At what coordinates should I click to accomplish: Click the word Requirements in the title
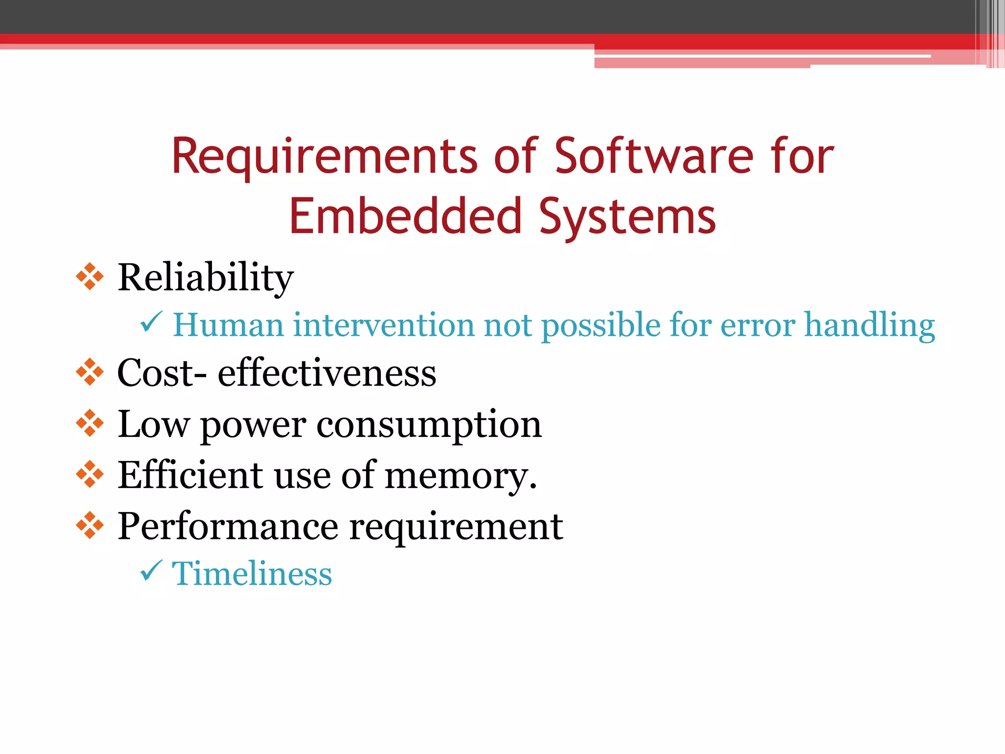tap(324, 157)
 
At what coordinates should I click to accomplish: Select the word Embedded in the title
tap(405, 216)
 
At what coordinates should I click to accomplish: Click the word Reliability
tap(205, 278)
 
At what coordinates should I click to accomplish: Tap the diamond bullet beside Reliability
tap(90, 276)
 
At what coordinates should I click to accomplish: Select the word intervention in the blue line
tap(383, 325)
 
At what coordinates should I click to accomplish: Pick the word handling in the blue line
tap(870, 326)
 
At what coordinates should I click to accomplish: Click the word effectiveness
tap(327, 373)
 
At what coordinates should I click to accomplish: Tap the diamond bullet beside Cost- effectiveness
tap(90, 372)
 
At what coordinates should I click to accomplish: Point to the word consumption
tap(429, 425)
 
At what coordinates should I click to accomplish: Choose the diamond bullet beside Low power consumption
tap(90, 423)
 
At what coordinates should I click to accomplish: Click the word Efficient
tap(190, 475)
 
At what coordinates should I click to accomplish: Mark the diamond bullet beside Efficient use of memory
tap(90, 474)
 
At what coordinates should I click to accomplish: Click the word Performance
tap(228, 526)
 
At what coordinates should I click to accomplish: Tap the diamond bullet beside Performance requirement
tap(90, 525)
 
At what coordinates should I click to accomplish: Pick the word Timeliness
tap(252, 573)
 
